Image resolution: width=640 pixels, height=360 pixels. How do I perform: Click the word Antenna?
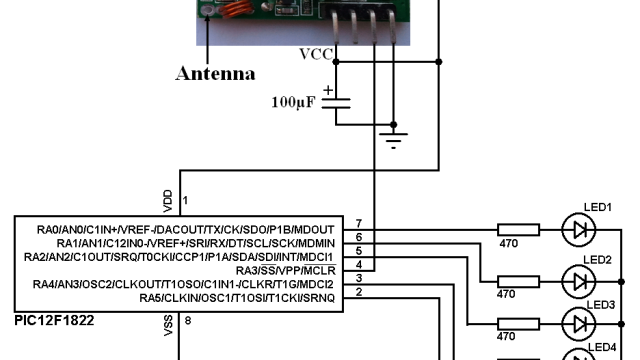tap(215, 74)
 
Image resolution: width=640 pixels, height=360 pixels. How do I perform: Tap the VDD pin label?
tap(166, 195)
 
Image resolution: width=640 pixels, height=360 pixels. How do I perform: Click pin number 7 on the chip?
tap(358, 221)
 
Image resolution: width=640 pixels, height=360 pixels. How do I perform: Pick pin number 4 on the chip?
tap(358, 263)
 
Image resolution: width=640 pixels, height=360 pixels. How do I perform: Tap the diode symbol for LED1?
tap(577, 229)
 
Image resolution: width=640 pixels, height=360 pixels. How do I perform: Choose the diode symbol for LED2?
tap(577, 278)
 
